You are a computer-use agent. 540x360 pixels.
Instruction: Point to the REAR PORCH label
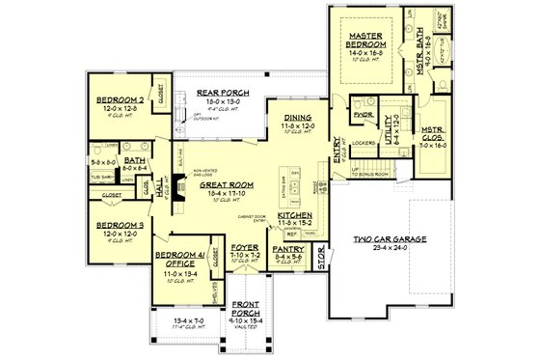218,93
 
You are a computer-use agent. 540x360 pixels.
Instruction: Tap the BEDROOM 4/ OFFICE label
175,258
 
